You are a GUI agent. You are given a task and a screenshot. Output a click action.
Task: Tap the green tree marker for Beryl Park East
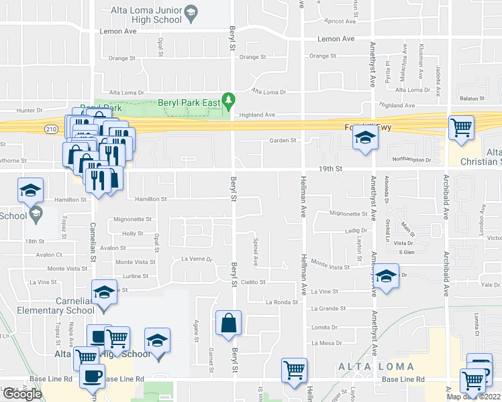(x=229, y=101)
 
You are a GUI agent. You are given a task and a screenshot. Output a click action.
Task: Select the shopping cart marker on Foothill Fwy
(x=460, y=127)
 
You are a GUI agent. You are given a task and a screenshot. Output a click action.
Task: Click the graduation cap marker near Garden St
(x=364, y=139)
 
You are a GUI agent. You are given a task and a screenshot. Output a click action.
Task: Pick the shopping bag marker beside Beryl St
(x=228, y=323)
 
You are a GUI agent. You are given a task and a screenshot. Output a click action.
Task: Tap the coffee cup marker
(x=92, y=375)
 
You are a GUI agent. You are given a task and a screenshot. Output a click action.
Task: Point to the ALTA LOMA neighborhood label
(x=376, y=366)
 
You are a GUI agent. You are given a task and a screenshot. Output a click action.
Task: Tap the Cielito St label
(x=254, y=283)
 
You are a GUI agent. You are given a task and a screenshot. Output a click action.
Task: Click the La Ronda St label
(x=280, y=302)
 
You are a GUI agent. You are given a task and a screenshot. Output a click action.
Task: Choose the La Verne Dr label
(x=197, y=259)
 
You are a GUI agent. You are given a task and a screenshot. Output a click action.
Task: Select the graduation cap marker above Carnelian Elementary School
(x=103, y=293)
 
